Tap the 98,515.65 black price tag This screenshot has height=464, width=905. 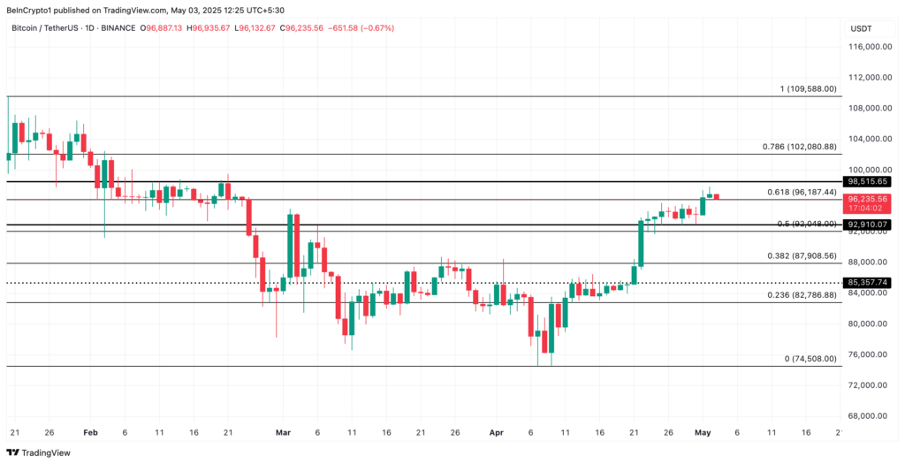[867, 181]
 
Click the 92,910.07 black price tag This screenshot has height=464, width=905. [867, 224]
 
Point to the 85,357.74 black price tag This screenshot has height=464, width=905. [867, 283]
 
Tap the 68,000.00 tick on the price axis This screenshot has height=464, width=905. [869, 415]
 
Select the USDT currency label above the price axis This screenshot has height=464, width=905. [861, 28]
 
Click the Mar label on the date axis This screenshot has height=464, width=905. [283, 433]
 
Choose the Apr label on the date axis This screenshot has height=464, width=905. [496, 433]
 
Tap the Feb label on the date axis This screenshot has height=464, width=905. [89, 433]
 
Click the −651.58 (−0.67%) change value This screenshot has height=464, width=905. [361, 28]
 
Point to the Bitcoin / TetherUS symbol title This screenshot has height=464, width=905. [53, 28]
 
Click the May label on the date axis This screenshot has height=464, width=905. [703, 433]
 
